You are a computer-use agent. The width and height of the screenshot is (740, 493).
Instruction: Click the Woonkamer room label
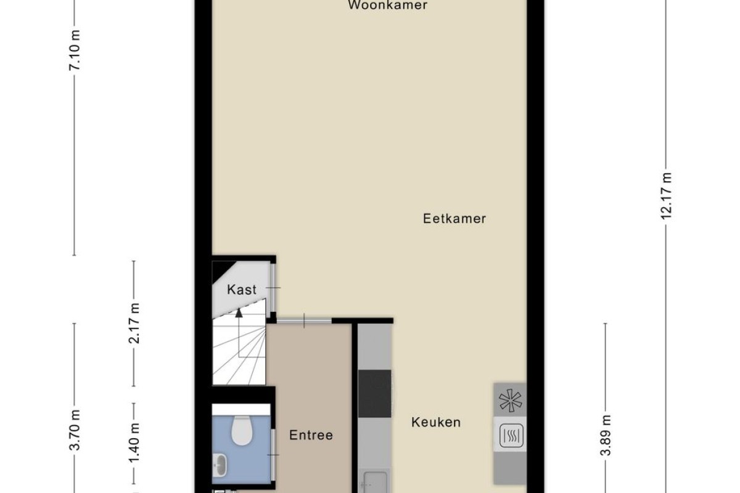coord(387,5)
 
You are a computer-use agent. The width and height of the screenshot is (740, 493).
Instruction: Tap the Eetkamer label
coord(454,219)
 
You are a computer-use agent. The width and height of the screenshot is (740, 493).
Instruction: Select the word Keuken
coord(436,422)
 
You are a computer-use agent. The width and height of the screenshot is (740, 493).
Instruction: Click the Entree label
coord(311,435)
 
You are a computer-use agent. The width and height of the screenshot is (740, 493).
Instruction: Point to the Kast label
coord(242,290)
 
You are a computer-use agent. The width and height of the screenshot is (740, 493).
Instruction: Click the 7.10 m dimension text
coord(75,50)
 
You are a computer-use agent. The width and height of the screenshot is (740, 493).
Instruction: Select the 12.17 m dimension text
coord(666,196)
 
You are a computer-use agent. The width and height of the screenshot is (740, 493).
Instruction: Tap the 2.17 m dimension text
coord(134,324)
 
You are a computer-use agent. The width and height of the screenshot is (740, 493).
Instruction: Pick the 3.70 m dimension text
coord(75,430)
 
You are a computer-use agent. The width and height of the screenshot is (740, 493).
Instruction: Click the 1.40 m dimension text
coord(134,444)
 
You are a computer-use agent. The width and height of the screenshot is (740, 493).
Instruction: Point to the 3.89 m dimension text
coord(606,436)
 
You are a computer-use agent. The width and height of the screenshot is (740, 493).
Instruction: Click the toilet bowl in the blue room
coord(242,430)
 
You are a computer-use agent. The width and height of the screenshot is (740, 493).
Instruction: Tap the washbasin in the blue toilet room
coord(219,465)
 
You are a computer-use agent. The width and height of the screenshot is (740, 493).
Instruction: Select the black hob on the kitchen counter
coord(375,394)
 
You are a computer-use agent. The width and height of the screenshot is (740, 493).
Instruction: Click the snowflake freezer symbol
coord(511,401)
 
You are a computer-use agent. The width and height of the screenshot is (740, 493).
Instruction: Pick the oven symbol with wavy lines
coord(511,436)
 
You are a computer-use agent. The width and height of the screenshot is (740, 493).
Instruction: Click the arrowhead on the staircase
coord(239,312)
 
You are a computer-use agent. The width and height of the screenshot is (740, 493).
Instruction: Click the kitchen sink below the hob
coord(375,482)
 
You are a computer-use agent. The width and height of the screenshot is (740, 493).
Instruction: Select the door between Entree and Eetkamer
coord(304,321)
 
